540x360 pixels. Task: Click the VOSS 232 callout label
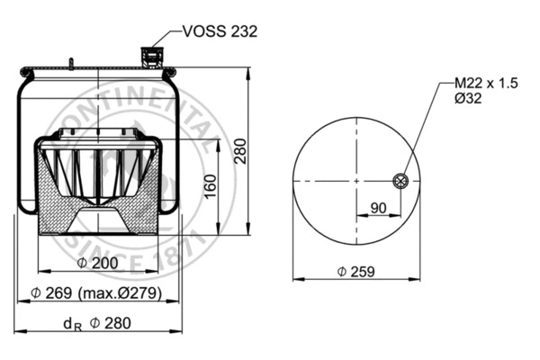(220, 31)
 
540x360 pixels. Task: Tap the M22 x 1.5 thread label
(481, 83)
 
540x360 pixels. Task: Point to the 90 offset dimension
(379, 208)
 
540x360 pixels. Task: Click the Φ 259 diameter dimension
(355, 271)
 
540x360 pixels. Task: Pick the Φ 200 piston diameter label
(98, 263)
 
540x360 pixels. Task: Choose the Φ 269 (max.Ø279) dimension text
(95, 293)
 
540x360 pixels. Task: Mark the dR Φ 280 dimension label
(97, 323)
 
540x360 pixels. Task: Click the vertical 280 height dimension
(240, 154)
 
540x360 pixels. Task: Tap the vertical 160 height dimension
(209, 186)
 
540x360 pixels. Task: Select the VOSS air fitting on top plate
(150, 58)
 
